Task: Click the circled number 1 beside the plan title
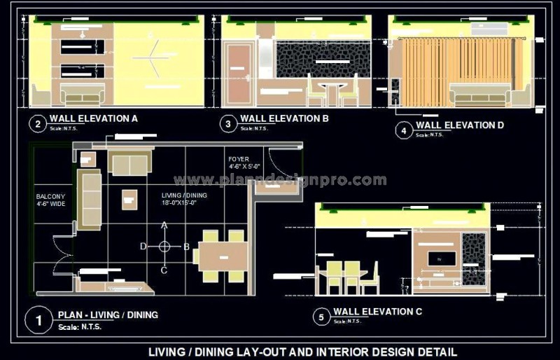tap(38, 320)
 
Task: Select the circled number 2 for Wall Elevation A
tap(36, 124)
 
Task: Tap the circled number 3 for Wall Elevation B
tap(228, 124)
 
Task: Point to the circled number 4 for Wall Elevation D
tap(402, 130)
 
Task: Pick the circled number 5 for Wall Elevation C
tap(321, 317)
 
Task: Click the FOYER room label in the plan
tap(238, 160)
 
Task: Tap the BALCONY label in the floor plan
tap(50, 197)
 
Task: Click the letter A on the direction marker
tap(164, 226)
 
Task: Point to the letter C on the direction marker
tap(164, 270)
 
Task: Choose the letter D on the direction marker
tap(143, 247)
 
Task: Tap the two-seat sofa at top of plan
tap(130, 165)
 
